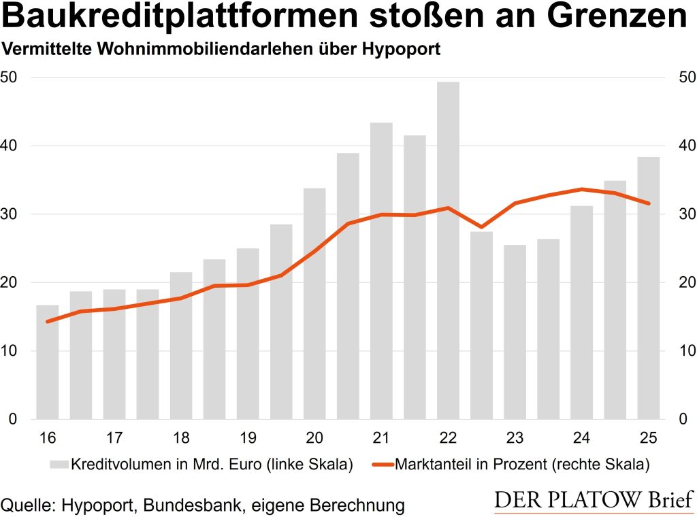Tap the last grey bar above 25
click(x=648, y=288)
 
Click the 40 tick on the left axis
click(x=12, y=146)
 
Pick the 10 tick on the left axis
click(x=12, y=351)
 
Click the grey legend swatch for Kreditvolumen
click(x=58, y=465)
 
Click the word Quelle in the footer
click(x=27, y=505)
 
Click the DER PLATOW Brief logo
click(x=593, y=500)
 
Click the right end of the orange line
click(x=648, y=203)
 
